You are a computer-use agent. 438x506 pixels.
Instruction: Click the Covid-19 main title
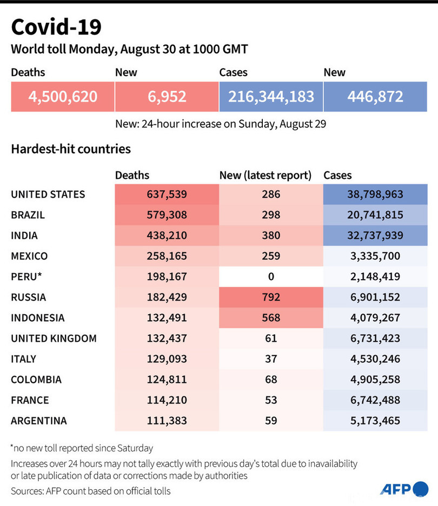pyautogui.click(x=56, y=26)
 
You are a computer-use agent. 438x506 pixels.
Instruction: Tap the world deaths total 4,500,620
pyautogui.click(x=63, y=97)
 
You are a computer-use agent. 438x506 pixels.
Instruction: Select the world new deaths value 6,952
pyautogui.click(x=167, y=97)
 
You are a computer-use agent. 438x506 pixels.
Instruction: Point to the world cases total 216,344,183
pyautogui.click(x=271, y=97)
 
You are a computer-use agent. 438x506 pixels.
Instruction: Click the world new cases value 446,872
pyautogui.click(x=375, y=97)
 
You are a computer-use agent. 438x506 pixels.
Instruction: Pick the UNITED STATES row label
pyautogui.click(x=48, y=194)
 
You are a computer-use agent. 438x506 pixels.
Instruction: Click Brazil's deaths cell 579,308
pyautogui.click(x=167, y=215)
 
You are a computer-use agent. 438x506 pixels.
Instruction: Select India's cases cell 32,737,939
pyautogui.click(x=375, y=235)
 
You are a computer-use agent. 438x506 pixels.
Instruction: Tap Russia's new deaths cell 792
pyautogui.click(x=271, y=297)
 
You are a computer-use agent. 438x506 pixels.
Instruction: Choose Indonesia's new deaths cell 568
pyautogui.click(x=271, y=318)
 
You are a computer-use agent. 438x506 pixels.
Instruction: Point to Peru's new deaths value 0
pyautogui.click(x=271, y=276)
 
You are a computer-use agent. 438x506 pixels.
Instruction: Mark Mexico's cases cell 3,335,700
pyautogui.click(x=375, y=256)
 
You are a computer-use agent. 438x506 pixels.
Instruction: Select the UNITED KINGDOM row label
pyautogui.click(x=54, y=339)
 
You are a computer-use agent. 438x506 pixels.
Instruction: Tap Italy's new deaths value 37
pyautogui.click(x=271, y=359)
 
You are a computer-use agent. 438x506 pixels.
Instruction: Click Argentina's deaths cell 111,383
pyautogui.click(x=167, y=421)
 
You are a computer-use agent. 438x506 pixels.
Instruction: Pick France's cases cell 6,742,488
pyautogui.click(x=375, y=400)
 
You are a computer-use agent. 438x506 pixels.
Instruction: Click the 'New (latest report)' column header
pyautogui.click(x=266, y=175)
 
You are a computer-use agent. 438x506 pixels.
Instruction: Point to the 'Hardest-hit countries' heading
pyautogui.click(x=71, y=149)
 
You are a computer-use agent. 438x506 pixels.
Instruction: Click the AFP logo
pyautogui.click(x=403, y=489)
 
